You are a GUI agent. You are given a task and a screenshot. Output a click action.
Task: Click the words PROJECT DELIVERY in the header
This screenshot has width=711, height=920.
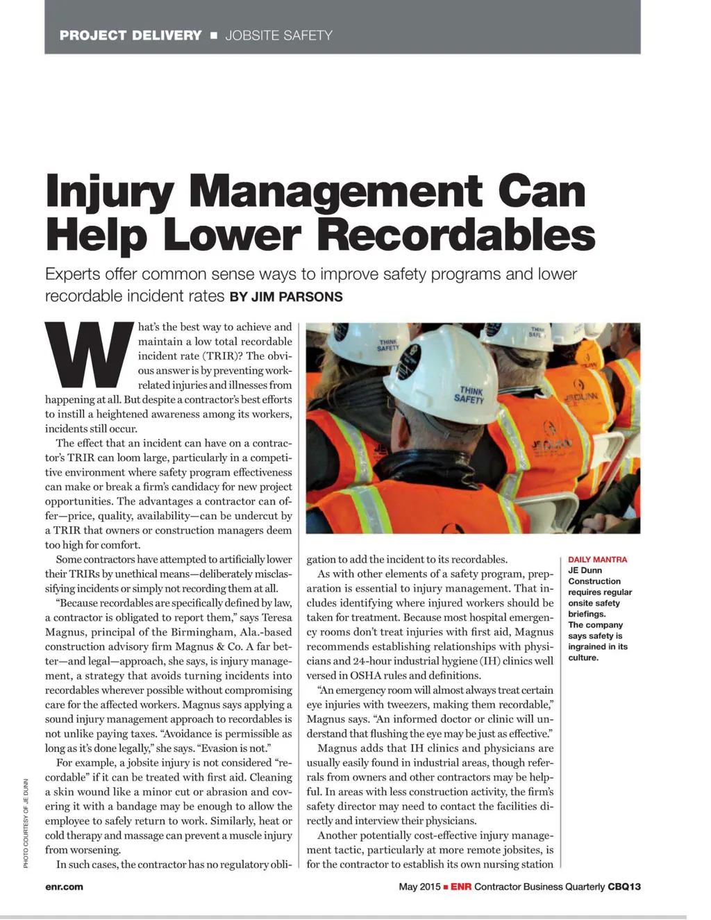(x=131, y=35)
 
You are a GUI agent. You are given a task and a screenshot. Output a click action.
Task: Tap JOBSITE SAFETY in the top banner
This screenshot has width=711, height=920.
(x=278, y=35)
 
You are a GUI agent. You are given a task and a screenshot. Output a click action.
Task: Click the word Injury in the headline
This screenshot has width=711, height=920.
(x=109, y=192)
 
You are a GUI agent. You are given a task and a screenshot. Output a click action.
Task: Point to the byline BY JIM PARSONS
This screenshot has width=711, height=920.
(x=286, y=297)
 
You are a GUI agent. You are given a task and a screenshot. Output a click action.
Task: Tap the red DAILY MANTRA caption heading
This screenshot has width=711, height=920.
(x=597, y=560)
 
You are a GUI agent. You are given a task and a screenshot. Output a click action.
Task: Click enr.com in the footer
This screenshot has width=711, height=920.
(x=64, y=887)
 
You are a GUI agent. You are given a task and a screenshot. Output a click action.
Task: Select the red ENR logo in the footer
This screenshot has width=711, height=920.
(x=461, y=887)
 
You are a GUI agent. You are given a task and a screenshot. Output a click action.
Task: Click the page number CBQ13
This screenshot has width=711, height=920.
(x=624, y=887)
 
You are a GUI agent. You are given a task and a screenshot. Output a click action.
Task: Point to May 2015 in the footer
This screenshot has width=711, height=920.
(x=419, y=887)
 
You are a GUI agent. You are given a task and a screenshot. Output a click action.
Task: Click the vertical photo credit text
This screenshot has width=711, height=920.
(x=26, y=823)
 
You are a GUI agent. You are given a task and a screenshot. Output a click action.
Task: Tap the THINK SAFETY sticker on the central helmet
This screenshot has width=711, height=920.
(x=469, y=394)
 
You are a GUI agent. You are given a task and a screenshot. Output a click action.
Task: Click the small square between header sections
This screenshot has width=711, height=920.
(x=214, y=35)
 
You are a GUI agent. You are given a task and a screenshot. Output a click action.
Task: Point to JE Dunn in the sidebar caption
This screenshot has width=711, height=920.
(x=585, y=571)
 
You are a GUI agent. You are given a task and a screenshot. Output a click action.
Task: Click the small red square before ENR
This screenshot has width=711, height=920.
(x=446, y=887)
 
